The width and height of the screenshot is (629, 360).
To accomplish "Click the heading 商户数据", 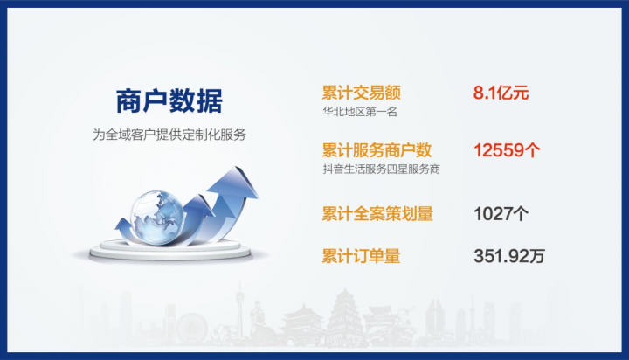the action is (169, 100).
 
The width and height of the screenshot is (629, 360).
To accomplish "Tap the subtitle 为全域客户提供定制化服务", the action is (169, 135).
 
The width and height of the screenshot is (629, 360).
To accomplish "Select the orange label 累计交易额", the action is (362, 93).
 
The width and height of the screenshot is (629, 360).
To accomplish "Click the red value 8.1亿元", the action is (501, 93).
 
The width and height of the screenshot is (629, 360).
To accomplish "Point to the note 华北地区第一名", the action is (360, 112).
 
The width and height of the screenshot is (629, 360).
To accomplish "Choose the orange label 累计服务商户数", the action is (377, 150).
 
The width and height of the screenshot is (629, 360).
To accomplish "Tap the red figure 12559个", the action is (507, 150).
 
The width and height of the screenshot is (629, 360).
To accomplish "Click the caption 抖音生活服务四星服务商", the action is (382, 169).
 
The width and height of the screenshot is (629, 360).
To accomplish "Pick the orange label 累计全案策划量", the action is (377, 213).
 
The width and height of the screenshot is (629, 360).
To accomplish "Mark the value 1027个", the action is (501, 213).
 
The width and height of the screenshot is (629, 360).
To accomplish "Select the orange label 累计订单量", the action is (361, 256).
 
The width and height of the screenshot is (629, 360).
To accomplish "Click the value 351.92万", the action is (509, 256).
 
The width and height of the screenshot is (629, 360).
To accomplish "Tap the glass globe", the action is (157, 218).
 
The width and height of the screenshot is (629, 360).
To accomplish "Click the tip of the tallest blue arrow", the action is (237, 167).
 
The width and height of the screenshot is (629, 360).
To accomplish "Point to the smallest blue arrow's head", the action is (122, 224).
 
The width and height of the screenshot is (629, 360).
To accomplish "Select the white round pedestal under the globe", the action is (170, 250).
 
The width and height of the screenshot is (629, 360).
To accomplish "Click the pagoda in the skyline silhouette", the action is (344, 317).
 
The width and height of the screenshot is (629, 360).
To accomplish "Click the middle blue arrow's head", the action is (199, 204).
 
